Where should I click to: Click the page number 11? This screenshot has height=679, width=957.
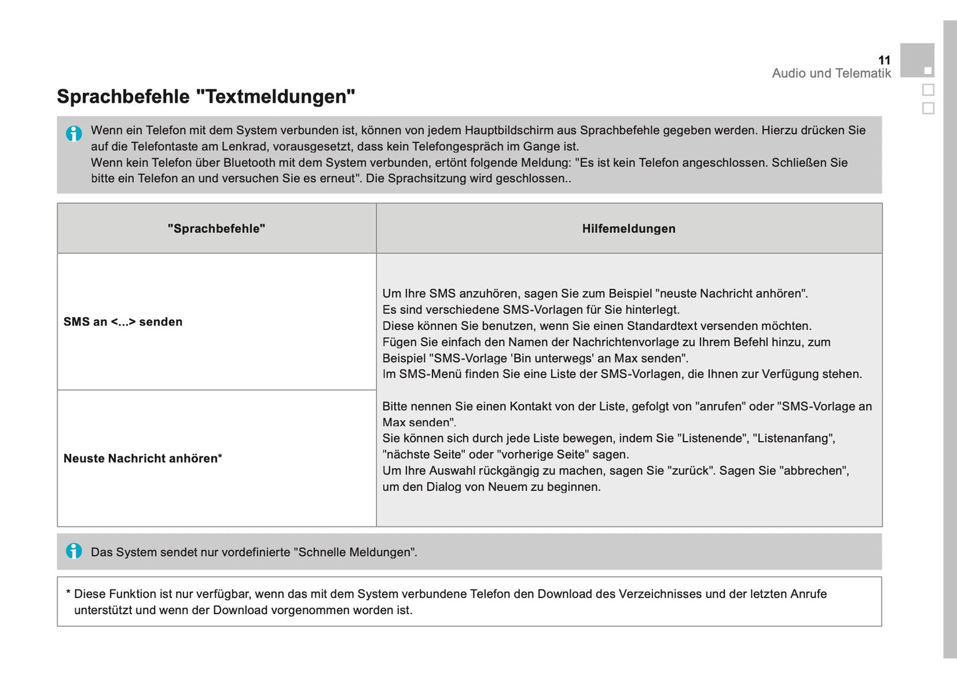tap(884, 60)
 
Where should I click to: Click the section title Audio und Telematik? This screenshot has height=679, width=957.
tap(831, 74)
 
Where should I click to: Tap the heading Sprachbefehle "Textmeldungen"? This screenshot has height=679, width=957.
tap(206, 97)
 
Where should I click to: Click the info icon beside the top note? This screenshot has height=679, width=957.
tap(74, 133)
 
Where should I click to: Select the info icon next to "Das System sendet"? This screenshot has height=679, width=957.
tap(74, 551)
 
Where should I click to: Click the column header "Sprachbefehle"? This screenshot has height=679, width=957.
tap(217, 229)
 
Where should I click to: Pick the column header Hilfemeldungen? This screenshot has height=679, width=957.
tap(629, 229)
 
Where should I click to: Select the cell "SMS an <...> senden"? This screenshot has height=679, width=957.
tap(123, 322)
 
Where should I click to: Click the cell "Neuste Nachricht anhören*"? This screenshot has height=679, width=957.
tap(143, 458)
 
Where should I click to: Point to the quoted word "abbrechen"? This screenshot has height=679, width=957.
tap(814, 471)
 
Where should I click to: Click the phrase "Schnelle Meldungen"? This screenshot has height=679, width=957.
tap(355, 552)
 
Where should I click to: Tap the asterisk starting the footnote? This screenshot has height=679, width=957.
tap(68, 593)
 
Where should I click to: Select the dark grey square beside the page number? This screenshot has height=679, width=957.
tap(917, 60)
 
